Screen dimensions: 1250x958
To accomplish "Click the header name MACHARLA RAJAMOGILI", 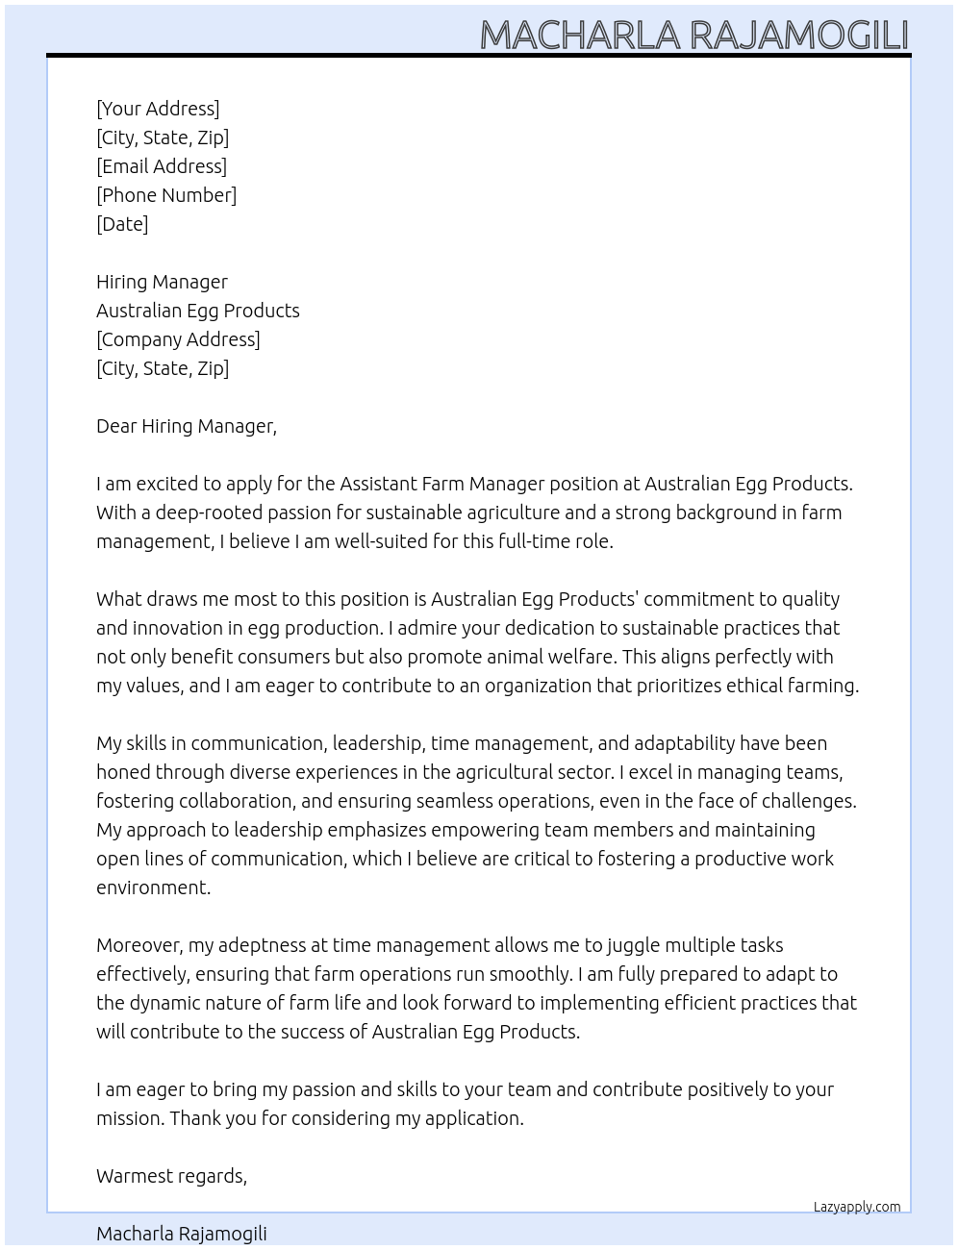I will coord(693,35).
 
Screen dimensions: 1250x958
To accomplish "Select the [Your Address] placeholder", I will coord(158,109).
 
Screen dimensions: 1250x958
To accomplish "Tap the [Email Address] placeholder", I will coord(162,166).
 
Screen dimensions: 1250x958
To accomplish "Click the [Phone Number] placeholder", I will coord(166,195).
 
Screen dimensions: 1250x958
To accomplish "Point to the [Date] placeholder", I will coord(122,224).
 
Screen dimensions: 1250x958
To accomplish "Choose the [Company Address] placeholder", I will coord(178,339).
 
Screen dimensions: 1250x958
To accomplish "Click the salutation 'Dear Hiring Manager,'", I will coord(187,426).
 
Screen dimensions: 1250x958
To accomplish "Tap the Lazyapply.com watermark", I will coord(856,1207).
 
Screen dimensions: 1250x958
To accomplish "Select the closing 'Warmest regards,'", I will coord(171,1176).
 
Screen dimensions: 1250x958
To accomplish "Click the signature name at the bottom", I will coord(182,1234).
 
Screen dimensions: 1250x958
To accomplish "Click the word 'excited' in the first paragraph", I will coord(166,484).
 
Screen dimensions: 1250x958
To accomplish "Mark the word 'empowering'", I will coord(485,830).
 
